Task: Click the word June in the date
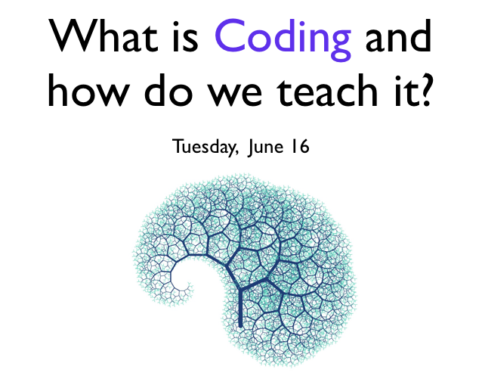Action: [x=267, y=148]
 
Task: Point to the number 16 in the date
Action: [x=301, y=147]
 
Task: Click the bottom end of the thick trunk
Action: [x=240, y=326]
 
